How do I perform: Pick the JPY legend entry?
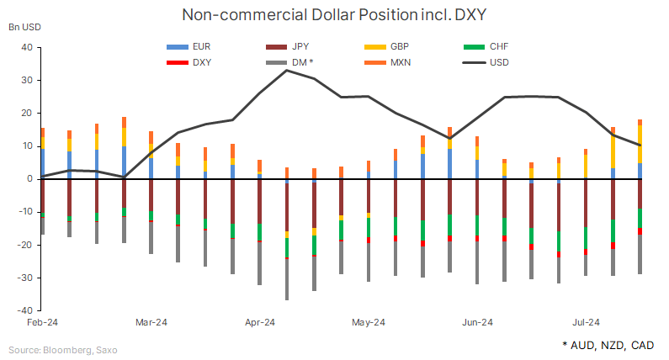pos(302,47)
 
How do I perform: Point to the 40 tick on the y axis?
pos(25,48)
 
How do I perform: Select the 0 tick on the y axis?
pos(28,179)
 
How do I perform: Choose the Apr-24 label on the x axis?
pos(260,322)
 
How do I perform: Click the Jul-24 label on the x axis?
pos(586,322)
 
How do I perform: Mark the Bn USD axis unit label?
pos(24,27)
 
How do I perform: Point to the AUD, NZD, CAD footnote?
pos(608,346)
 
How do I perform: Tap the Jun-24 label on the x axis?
pos(477,322)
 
